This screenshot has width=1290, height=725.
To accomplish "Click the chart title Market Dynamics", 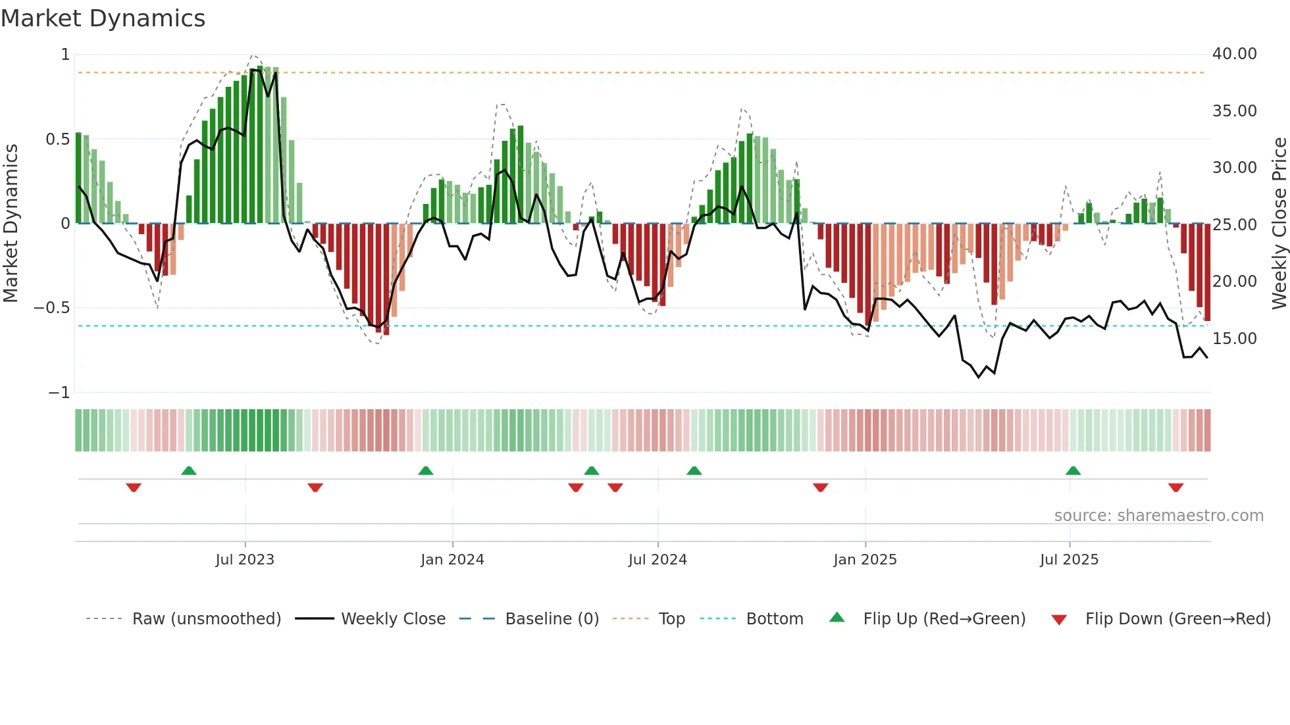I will pos(103,18).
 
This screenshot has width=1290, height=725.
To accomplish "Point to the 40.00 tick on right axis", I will pos(1234,54).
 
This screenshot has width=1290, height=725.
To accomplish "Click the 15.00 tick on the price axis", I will pos(1234,339).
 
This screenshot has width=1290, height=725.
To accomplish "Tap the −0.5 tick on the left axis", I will pos(51,308).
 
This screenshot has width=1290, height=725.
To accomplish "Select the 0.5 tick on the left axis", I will pos(57,139).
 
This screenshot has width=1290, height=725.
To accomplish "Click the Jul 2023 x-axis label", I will pos(245,560).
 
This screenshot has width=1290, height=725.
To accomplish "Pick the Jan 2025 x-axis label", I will pos(865,560).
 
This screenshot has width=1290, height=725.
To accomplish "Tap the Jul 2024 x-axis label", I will pos(658,560).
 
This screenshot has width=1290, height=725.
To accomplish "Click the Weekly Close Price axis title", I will pos(1279,224).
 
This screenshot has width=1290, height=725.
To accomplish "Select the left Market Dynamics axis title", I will pos(11,224).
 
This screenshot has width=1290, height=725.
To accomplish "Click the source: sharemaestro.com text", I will pos(1158,516).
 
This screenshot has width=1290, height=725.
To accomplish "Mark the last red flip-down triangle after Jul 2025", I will pos(1176,488).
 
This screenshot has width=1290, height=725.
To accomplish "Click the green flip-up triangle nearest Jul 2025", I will pos(1073,470).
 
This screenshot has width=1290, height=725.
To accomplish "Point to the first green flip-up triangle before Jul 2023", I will pos(189,470).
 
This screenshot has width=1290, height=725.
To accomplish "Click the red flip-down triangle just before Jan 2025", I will pos(820,488).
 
